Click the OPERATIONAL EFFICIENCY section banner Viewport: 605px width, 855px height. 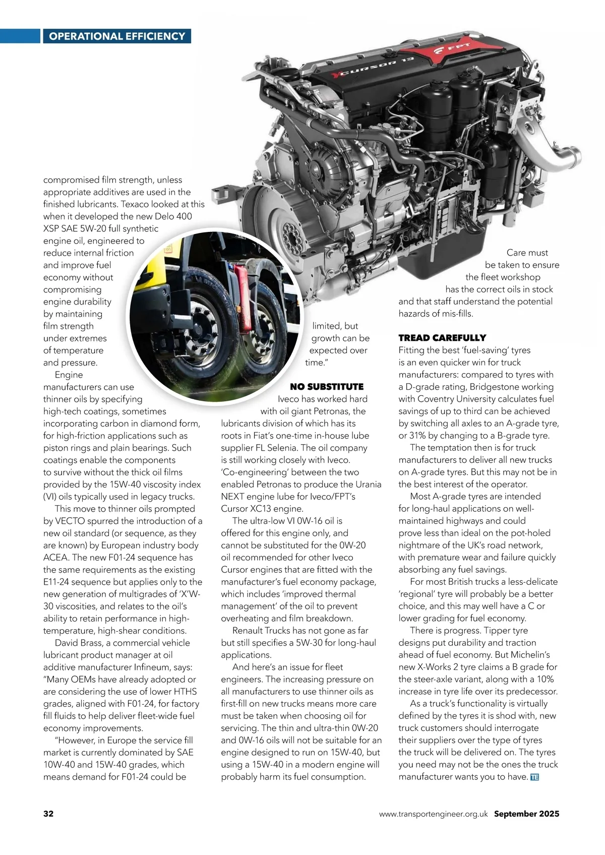tap(117, 36)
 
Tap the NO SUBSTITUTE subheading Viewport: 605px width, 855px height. tap(327, 387)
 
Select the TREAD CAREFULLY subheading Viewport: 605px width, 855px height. tap(442, 338)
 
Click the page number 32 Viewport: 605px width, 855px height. tap(48, 813)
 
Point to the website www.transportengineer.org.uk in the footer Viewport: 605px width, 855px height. tap(433, 814)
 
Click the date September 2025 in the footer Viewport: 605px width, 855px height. tap(526, 814)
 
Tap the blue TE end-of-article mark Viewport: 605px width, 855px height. tap(534, 777)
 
